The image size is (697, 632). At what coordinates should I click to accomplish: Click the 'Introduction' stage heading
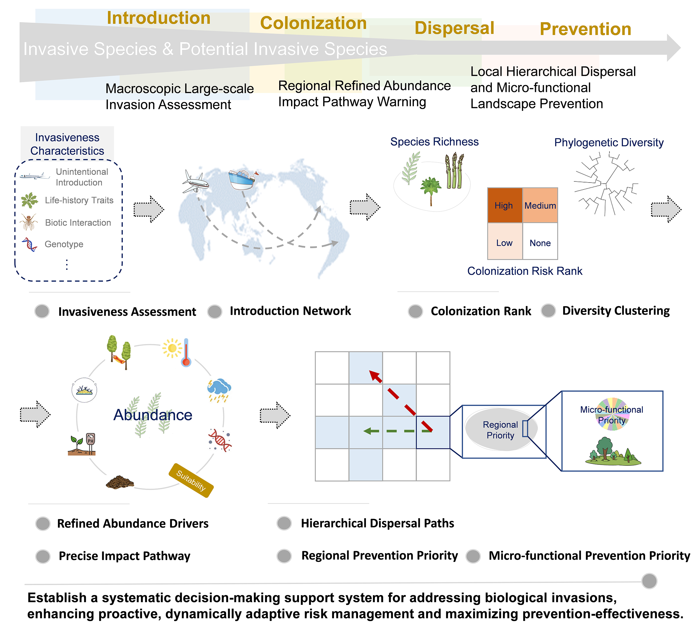(158, 18)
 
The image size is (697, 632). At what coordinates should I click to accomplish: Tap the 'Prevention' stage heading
(585, 29)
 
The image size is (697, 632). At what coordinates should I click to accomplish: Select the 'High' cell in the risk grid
(504, 205)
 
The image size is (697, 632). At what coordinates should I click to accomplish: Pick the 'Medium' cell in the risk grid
(540, 205)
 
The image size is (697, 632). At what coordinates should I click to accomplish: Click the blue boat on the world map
(242, 179)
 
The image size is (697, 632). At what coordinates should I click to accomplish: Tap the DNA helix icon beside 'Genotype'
(30, 244)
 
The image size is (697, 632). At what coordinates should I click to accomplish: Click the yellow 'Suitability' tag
(191, 480)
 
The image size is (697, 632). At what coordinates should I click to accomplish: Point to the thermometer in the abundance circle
(186, 353)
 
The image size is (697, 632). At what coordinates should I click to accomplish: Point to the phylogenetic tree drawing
(606, 185)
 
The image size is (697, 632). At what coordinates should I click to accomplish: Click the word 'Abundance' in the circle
(153, 415)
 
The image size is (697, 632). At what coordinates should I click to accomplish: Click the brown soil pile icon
(119, 482)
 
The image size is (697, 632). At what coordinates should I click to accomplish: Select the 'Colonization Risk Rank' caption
(524, 271)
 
